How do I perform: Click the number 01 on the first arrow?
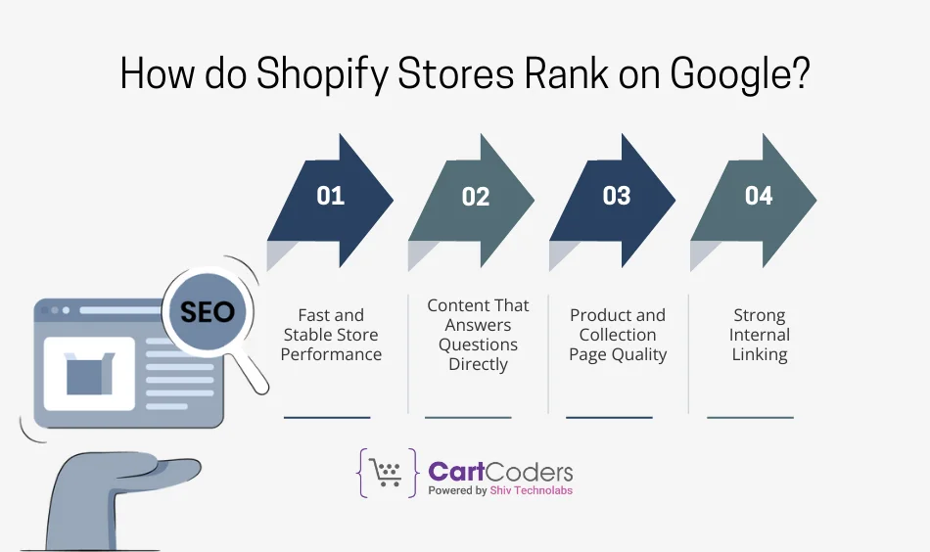(x=331, y=196)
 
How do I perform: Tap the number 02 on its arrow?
(x=475, y=197)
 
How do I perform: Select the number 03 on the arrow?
(x=617, y=196)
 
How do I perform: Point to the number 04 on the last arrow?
(x=759, y=196)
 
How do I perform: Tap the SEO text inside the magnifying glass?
(x=208, y=311)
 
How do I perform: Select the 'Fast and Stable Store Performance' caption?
(x=331, y=335)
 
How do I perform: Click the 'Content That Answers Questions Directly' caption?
(x=478, y=335)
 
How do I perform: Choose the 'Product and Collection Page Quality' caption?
(x=618, y=335)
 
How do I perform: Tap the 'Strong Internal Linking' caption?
(x=760, y=335)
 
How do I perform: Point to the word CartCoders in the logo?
(x=500, y=472)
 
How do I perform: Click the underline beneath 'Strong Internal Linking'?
(x=750, y=418)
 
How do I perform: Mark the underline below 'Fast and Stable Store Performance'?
(x=327, y=418)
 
